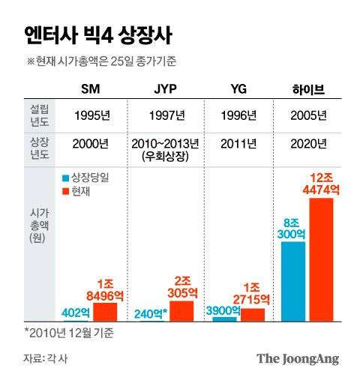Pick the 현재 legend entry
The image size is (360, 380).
point(78,191)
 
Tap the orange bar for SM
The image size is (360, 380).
point(105,312)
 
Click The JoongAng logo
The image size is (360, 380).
point(298,359)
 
